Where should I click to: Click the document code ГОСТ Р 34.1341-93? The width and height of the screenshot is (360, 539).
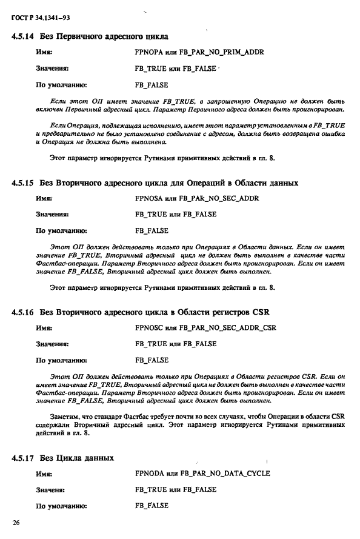tap(37, 19)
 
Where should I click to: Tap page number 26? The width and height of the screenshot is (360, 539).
tap(16, 522)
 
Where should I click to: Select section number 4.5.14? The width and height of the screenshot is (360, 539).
tap(22, 36)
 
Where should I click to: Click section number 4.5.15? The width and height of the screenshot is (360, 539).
tap(22, 182)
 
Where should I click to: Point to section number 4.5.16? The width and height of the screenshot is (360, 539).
tap(22, 312)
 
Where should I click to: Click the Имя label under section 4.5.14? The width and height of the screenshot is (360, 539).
tap(45, 52)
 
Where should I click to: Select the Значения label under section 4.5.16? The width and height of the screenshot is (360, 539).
tap(52, 344)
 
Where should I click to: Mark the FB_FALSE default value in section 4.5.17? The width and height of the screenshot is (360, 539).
tap(152, 505)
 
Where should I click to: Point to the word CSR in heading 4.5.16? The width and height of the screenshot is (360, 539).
tap(261, 312)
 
